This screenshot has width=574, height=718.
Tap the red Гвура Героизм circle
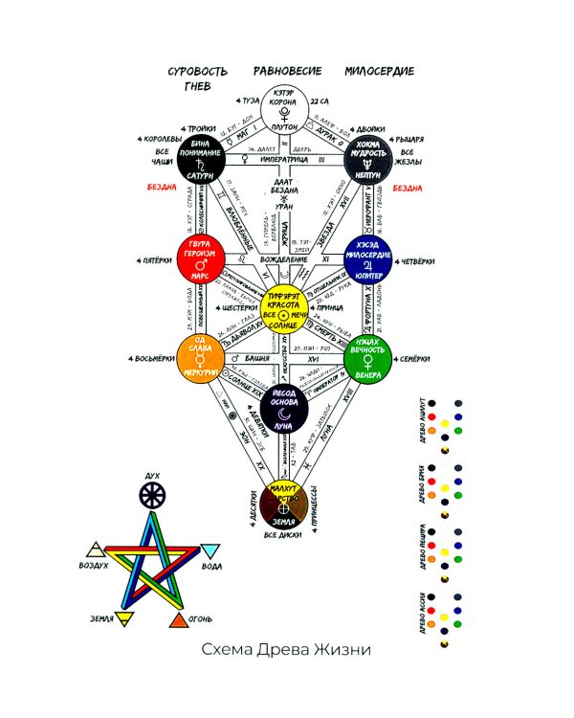pos(200,257)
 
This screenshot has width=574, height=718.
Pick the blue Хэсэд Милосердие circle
pos(368,257)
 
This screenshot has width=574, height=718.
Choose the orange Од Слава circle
pos(200,359)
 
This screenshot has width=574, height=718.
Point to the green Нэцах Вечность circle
pos(368,359)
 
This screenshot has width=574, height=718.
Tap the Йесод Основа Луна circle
pos(284,411)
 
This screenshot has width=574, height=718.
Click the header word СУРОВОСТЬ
pos(198,72)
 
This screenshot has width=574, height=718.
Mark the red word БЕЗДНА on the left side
pos(162,188)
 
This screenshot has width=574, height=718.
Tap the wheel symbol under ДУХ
pos(152,495)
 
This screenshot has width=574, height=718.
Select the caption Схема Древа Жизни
pos(285,650)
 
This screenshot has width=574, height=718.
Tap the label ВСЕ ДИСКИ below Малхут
pos(283,534)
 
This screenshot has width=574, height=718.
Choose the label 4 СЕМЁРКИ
pos(422,359)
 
